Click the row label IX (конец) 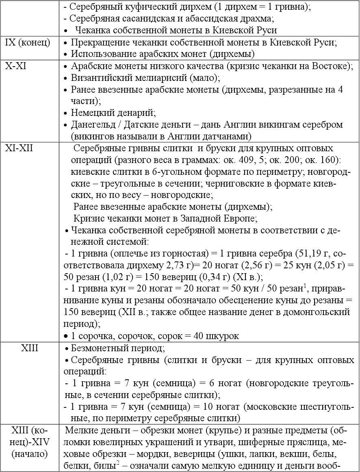tap(28, 43)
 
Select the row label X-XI tap(16, 66)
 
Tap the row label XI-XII tap(19, 148)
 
